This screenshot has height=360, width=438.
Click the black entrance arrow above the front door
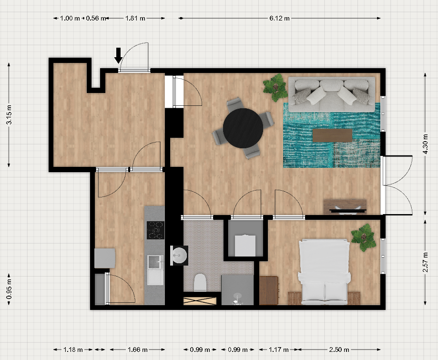119,55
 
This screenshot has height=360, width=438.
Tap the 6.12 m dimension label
279,19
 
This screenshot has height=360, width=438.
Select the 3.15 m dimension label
9,114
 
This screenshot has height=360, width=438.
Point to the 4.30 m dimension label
425,144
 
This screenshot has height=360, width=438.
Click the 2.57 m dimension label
425,262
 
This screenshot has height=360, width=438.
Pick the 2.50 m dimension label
339,350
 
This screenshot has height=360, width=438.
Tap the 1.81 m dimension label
135,19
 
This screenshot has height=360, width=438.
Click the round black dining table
243,128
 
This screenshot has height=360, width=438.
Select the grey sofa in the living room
332,94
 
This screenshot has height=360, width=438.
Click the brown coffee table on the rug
332,135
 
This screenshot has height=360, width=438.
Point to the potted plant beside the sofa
275,87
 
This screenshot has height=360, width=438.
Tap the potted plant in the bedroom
364,237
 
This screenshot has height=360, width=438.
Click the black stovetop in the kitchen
155,230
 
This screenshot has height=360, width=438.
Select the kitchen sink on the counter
155,270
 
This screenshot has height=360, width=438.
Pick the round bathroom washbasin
179,256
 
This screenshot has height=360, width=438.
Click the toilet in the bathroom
200,282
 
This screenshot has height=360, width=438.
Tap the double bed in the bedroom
324,272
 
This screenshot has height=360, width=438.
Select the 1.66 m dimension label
137,350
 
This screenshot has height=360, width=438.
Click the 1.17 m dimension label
279,350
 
